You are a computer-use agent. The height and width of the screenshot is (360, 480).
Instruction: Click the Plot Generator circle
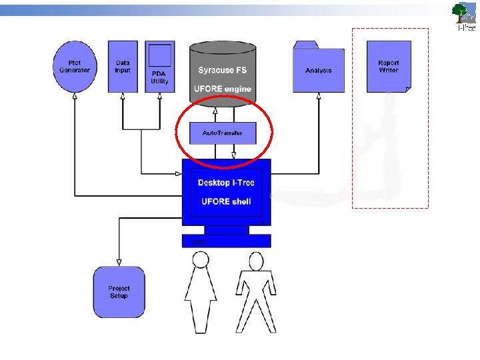tap(75, 67)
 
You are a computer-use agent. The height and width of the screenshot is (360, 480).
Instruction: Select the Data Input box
tap(123, 67)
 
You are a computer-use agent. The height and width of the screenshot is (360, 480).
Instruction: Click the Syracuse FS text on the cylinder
tap(222, 70)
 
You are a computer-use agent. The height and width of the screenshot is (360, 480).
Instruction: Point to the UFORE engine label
tap(222, 89)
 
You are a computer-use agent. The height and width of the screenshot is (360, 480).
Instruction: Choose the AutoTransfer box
tap(222, 133)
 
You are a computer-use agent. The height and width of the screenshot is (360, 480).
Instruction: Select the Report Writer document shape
tap(389, 67)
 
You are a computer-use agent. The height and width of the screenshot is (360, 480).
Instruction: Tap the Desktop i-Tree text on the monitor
tap(226, 183)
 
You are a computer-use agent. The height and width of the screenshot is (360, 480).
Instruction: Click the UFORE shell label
tap(226, 201)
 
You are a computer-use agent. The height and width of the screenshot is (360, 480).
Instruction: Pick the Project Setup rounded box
tap(119, 292)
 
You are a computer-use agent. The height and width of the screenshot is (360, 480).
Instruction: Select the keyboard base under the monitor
tap(227, 241)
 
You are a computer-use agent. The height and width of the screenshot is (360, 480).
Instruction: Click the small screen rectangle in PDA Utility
tap(160, 55)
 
